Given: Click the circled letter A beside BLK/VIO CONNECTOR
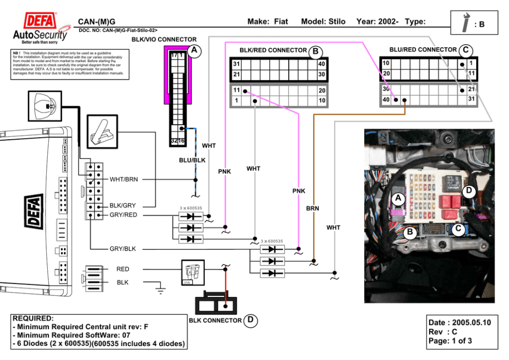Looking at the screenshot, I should click(x=193, y=50).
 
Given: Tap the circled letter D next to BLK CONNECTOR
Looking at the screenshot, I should click(x=250, y=320).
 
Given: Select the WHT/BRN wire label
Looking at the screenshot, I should click(x=124, y=179).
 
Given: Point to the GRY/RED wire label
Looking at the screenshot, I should click(x=123, y=215).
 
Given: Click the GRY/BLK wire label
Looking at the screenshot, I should click(x=123, y=249).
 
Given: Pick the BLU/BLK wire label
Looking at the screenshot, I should click(x=192, y=160).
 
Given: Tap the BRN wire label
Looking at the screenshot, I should click(x=312, y=209).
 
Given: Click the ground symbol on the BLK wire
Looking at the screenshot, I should click(x=161, y=291).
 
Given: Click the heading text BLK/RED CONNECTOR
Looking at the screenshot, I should click(x=273, y=50).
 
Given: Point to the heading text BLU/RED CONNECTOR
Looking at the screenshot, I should click(x=423, y=50).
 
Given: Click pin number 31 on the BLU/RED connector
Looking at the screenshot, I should click(x=472, y=99).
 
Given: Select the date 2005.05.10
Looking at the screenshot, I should click(x=472, y=323).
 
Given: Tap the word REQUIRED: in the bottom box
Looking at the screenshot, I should click(x=33, y=318).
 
